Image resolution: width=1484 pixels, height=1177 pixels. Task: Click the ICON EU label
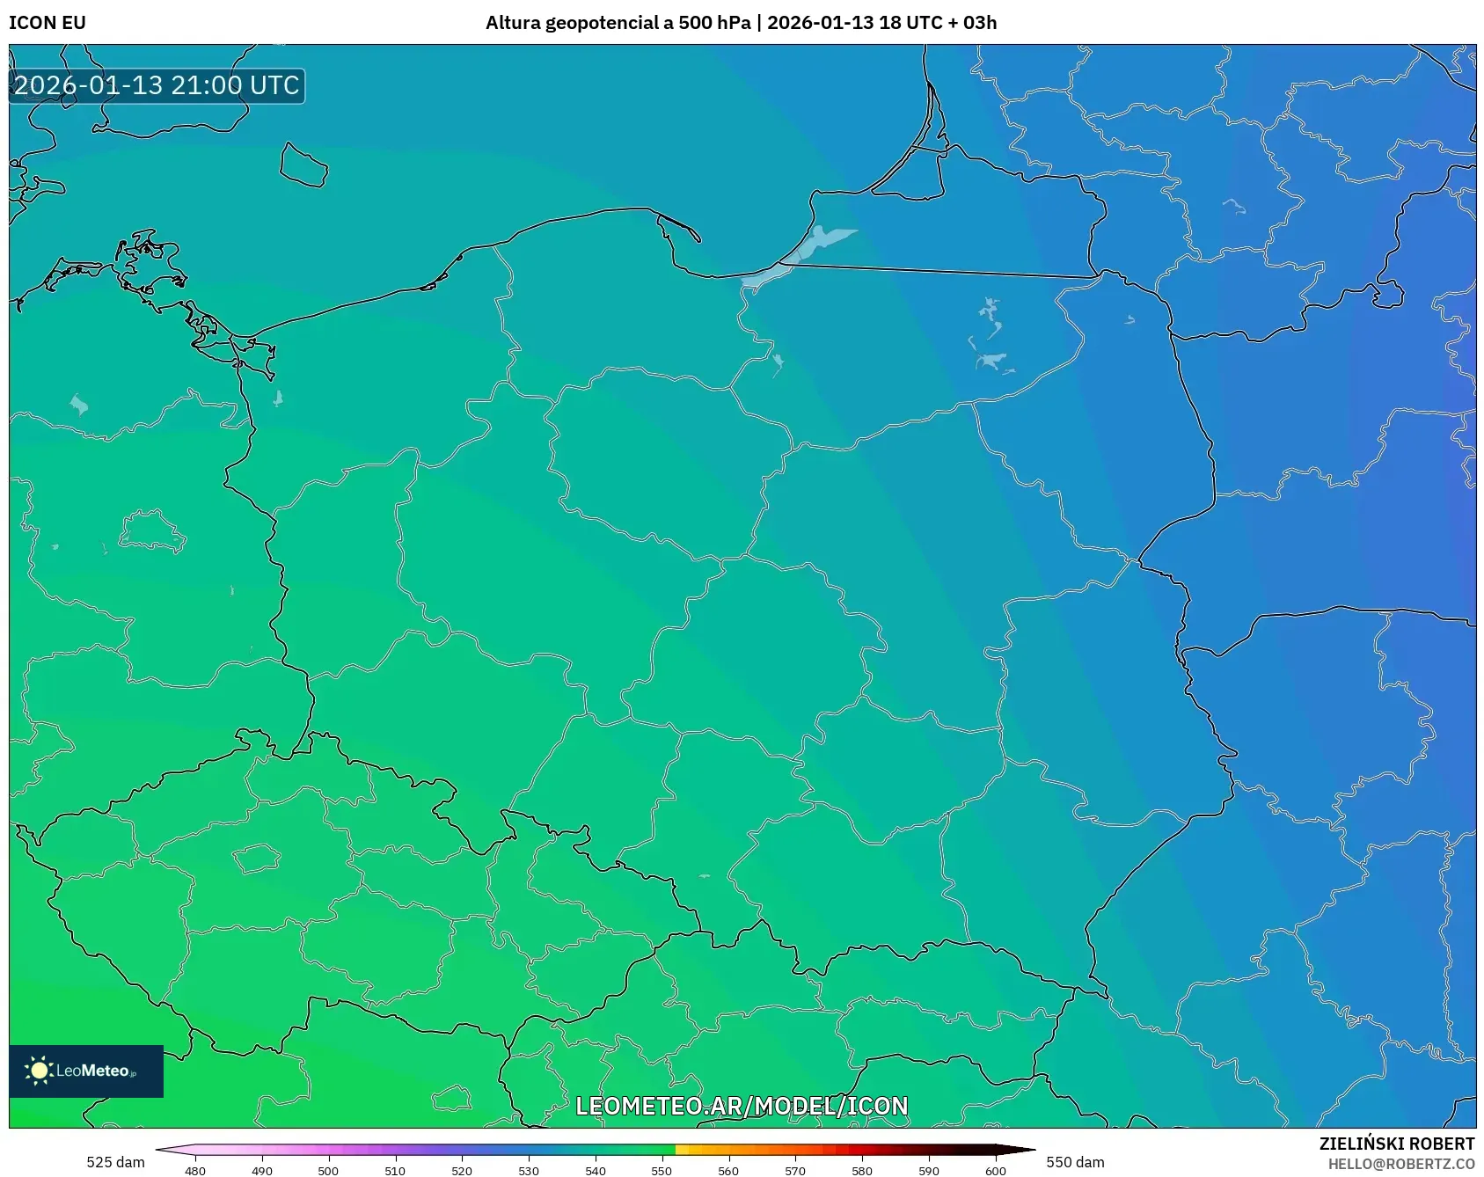(48, 23)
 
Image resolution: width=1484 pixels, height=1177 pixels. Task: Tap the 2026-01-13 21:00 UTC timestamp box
(157, 86)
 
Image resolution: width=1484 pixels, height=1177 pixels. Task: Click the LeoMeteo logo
(86, 1071)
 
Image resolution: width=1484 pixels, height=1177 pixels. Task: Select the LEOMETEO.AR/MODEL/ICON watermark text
(742, 1106)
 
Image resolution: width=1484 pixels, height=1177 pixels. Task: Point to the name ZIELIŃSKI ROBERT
(1396, 1144)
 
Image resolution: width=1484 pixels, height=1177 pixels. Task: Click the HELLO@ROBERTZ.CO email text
(1400, 1164)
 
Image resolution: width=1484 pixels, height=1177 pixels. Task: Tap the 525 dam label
(115, 1162)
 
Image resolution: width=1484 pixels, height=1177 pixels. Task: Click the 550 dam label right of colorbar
(1075, 1162)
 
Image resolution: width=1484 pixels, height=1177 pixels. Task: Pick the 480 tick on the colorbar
(195, 1171)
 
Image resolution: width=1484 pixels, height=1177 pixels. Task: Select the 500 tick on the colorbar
(328, 1171)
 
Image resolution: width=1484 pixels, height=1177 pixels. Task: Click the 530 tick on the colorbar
(529, 1171)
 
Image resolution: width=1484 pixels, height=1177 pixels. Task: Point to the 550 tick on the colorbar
(662, 1171)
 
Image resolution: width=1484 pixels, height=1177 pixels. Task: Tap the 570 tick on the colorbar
(795, 1171)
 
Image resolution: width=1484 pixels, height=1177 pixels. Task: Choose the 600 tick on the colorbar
(995, 1171)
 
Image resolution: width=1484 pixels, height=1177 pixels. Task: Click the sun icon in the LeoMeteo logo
(39, 1071)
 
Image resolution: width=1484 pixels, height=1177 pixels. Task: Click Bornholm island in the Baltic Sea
(303, 164)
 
